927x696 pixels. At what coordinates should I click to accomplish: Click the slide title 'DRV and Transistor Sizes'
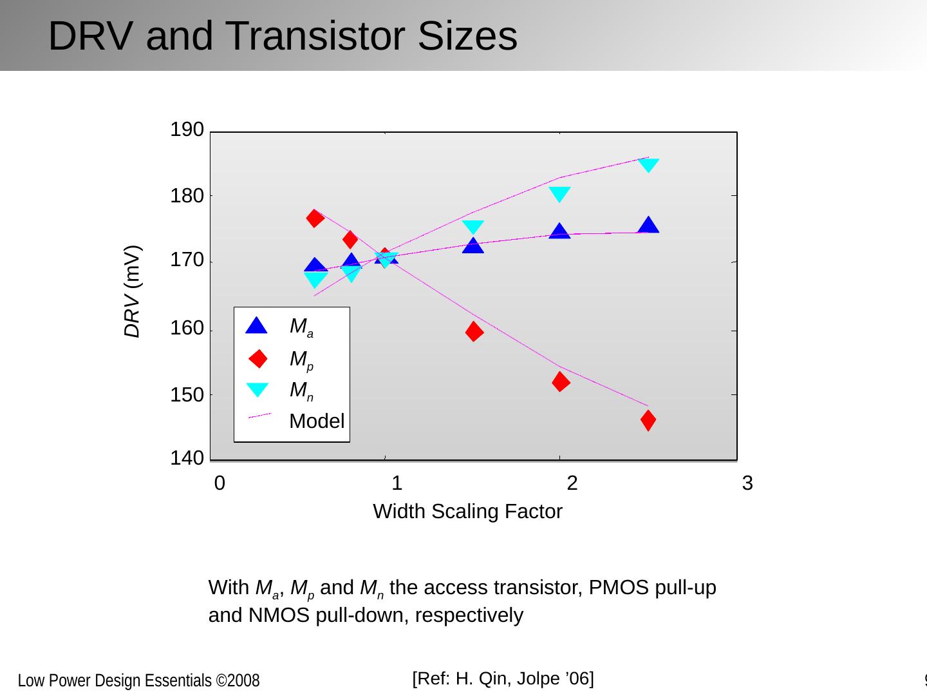tap(283, 36)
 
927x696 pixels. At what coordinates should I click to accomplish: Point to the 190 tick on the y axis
tap(187, 130)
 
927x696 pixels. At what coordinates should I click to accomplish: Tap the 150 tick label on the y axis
tap(187, 395)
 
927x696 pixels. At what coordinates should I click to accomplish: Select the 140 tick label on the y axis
tap(187, 459)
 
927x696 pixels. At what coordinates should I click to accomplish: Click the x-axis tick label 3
tap(747, 483)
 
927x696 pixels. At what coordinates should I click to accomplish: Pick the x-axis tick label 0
tap(220, 483)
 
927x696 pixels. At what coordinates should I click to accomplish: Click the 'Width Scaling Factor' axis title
tap(467, 512)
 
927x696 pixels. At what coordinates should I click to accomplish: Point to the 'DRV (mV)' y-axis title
tap(132, 291)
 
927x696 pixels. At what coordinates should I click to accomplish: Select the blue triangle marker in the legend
tap(256, 326)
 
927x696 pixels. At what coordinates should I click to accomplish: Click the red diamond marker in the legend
tap(257, 358)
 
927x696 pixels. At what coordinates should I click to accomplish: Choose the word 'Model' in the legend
tap(317, 421)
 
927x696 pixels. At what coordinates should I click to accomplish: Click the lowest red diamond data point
tap(648, 420)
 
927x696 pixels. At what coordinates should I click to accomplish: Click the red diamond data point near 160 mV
tap(474, 332)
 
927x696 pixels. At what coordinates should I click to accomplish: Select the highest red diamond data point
tap(315, 218)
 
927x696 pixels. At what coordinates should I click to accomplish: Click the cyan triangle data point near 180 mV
tap(559, 194)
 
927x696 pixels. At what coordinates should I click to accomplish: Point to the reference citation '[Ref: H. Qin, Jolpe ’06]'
tap(503, 679)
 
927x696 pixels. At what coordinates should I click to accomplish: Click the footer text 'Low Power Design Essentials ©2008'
tap(138, 681)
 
